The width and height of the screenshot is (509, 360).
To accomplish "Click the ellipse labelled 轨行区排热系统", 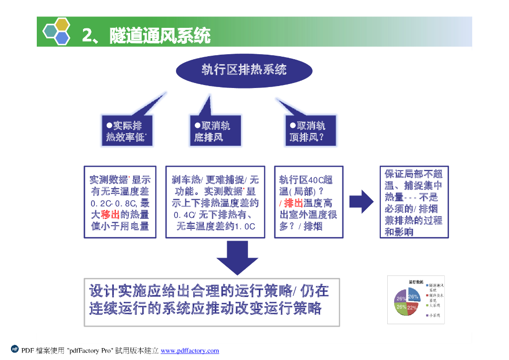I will (x=244, y=70).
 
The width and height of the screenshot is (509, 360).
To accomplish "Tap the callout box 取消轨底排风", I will (x=215, y=131).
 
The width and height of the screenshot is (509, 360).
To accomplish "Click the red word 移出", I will (x=110, y=215).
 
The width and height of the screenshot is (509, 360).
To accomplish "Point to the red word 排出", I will (x=293, y=203).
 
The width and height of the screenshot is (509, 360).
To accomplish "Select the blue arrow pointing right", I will (x=361, y=201).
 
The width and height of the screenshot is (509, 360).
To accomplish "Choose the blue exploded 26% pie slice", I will (x=414, y=296).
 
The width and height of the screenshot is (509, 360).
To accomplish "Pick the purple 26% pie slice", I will (x=401, y=297).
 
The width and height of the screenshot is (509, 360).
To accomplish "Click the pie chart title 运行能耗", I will (x=416, y=281).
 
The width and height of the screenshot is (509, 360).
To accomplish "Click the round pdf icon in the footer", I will (x=14, y=350).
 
